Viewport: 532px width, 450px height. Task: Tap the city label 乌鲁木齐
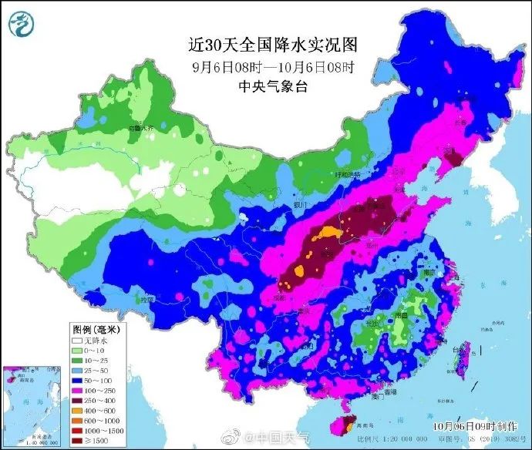click(x=140, y=127)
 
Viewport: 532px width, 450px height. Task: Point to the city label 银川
click(x=301, y=204)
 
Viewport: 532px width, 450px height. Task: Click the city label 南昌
click(x=401, y=315)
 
